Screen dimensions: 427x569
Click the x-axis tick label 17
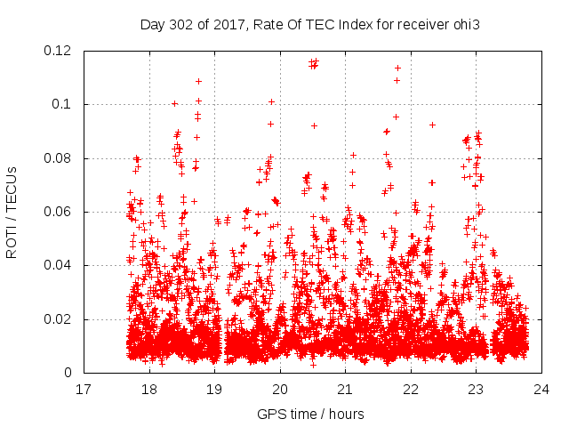[x=84, y=389]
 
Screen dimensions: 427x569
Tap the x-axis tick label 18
[x=149, y=389]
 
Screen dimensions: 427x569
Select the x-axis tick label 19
[x=214, y=389]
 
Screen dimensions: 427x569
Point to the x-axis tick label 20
[x=280, y=389]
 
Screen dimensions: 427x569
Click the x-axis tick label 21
[x=345, y=389]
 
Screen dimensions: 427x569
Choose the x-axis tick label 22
[x=411, y=389]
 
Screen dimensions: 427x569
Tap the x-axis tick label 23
[x=476, y=389]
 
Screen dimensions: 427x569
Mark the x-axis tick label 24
[x=541, y=389]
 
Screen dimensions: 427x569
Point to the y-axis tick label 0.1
[x=65, y=104]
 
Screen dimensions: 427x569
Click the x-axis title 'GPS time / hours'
[x=311, y=415]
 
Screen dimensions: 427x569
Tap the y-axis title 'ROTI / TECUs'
[x=12, y=212]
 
